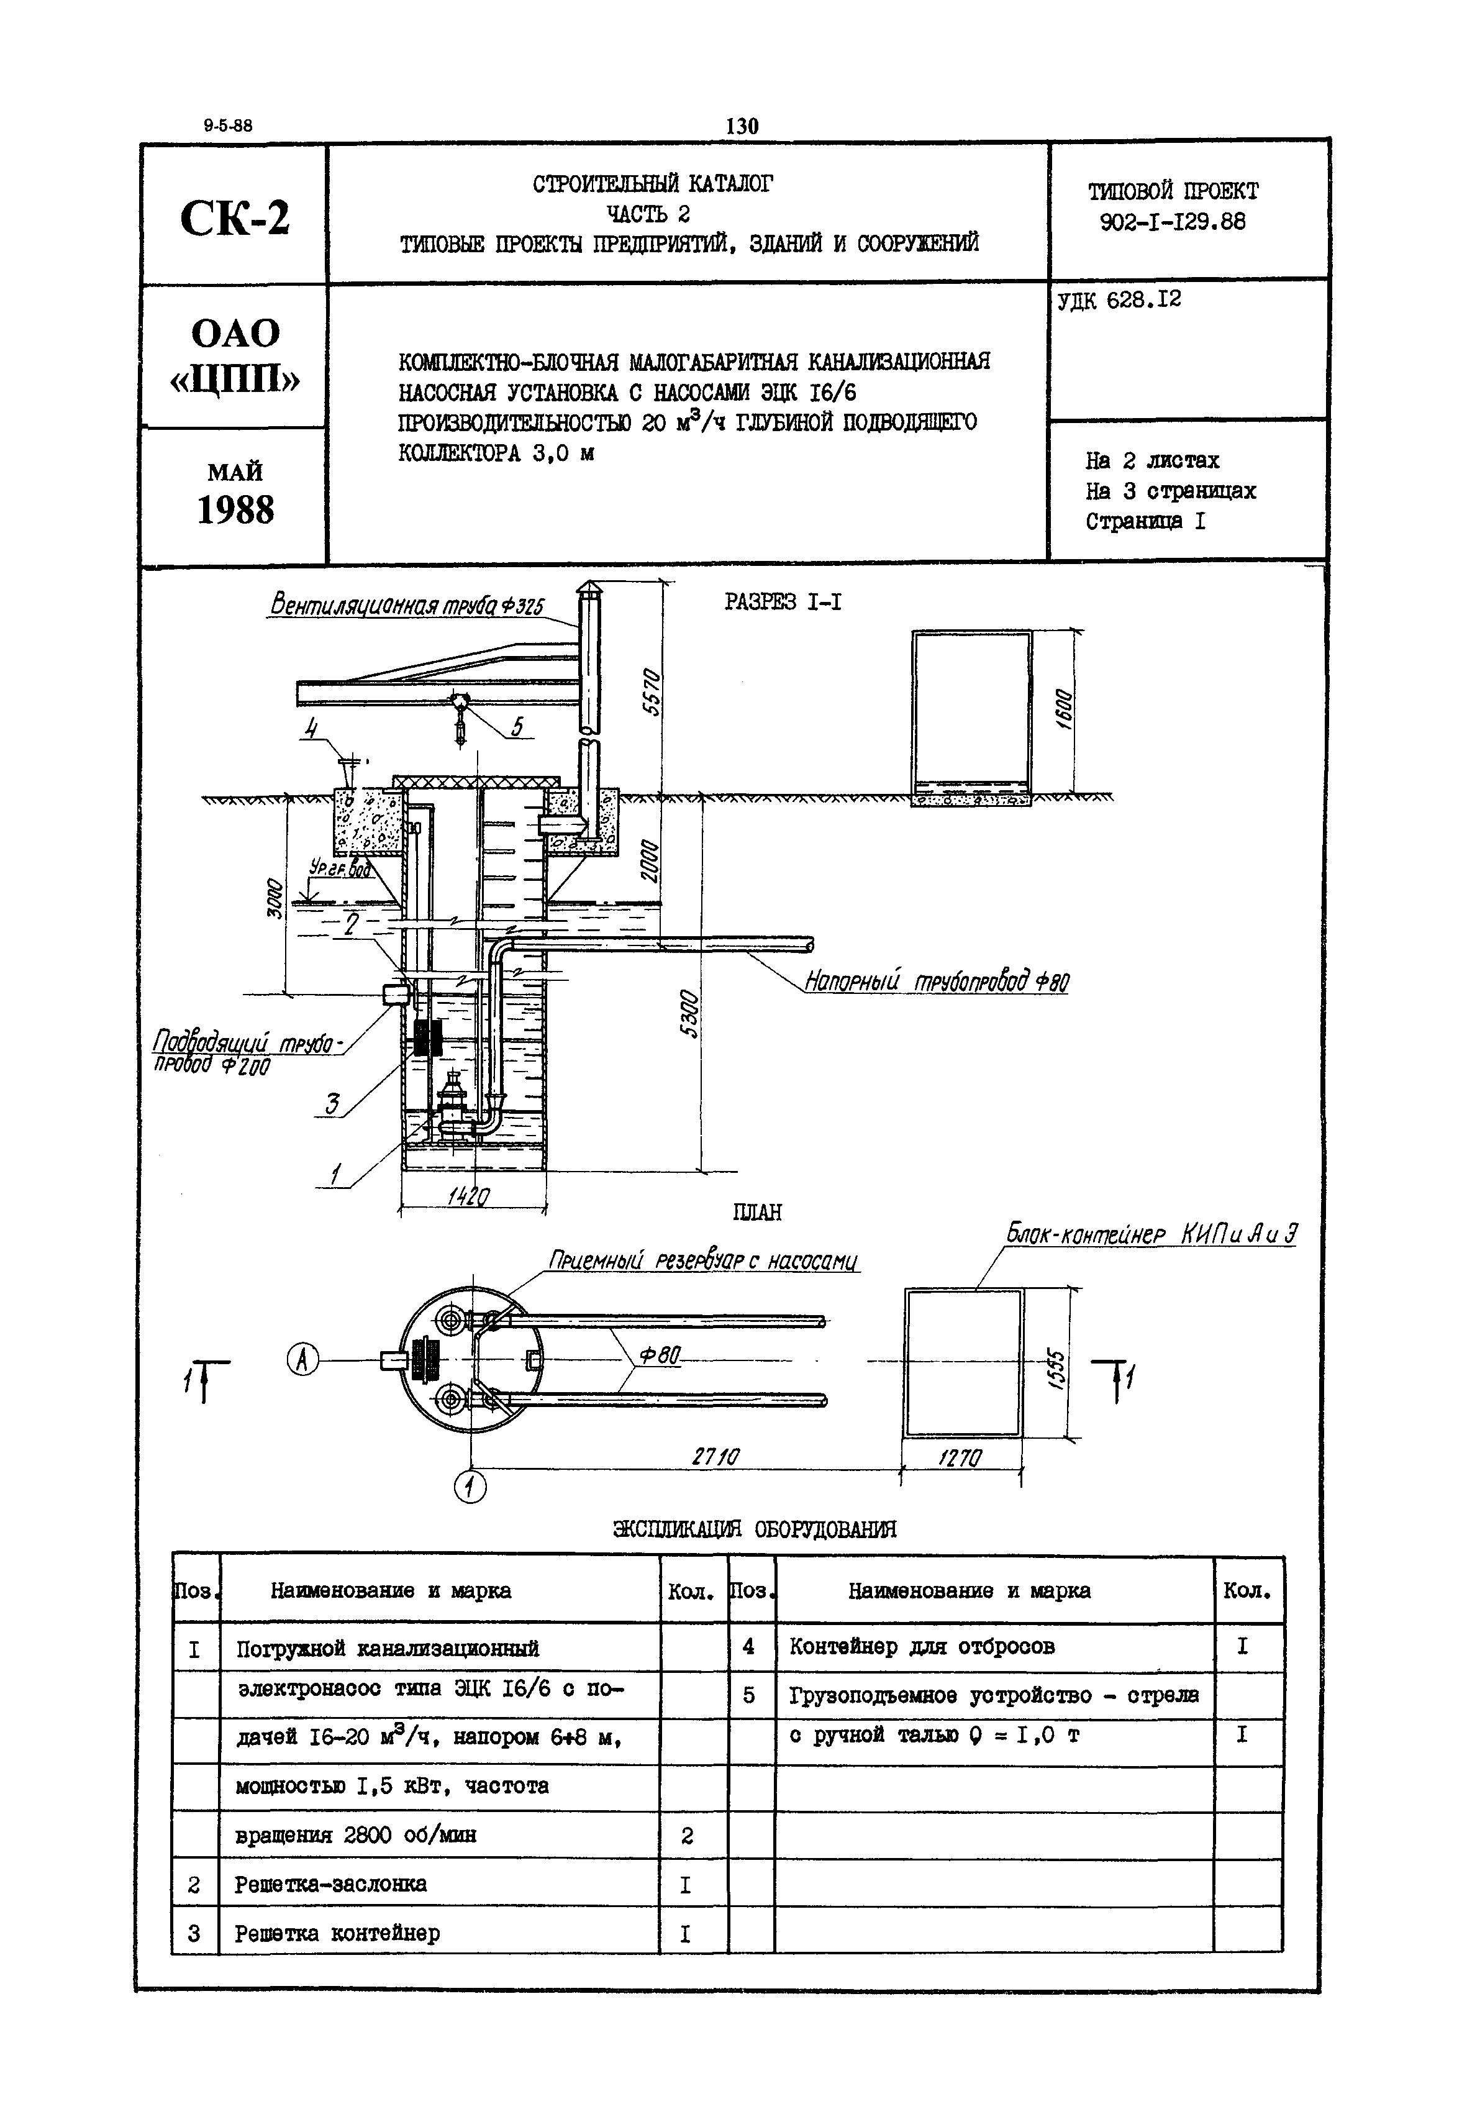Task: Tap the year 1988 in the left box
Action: coord(235,510)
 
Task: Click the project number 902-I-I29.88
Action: coord(1172,222)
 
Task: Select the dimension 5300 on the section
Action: coord(689,1014)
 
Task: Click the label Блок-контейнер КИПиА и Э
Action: coord(1151,1234)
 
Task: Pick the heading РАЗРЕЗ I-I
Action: coord(782,602)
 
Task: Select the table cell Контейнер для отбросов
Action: coord(921,1646)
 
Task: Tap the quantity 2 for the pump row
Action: coord(687,1836)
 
